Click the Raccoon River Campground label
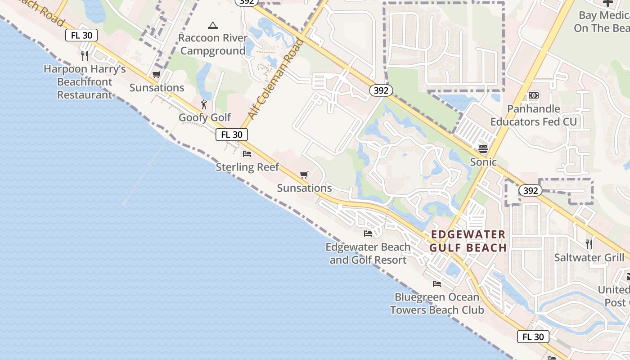[x=213, y=44]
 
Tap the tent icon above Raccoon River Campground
[x=213, y=25]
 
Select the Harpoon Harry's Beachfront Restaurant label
[x=85, y=82]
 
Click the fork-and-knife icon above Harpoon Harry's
[x=84, y=55]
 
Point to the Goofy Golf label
[x=205, y=117]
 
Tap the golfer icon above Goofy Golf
[x=204, y=104]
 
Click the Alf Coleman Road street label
[x=275, y=79]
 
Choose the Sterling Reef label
[x=247, y=167]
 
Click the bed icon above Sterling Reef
[x=247, y=154]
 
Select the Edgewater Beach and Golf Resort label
[x=368, y=253]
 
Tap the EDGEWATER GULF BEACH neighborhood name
[x=468, y=241]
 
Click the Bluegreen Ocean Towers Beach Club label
[x=437, y=303]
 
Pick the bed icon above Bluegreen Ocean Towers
[x=437, y=284]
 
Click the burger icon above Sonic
[x=483, y=148]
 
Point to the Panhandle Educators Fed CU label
[x=533, y=115]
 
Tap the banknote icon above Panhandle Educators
[x=534, y=95]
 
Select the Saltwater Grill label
[x=589, y=257]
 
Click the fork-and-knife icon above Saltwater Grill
[x=589, y=244]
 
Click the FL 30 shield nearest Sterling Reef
[x=232, y=134]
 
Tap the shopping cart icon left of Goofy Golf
[x=157, y=75]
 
